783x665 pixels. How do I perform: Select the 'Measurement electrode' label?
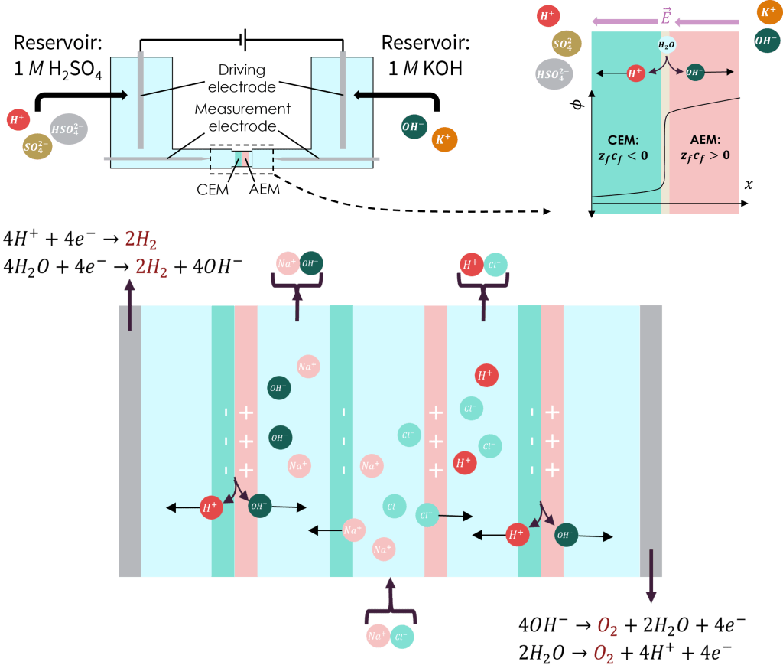coord(242,116)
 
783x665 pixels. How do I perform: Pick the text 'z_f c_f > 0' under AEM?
coord(705,155)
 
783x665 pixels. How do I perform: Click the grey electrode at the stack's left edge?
coord(130,440)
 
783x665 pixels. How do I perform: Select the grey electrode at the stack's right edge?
coord(651,440)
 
